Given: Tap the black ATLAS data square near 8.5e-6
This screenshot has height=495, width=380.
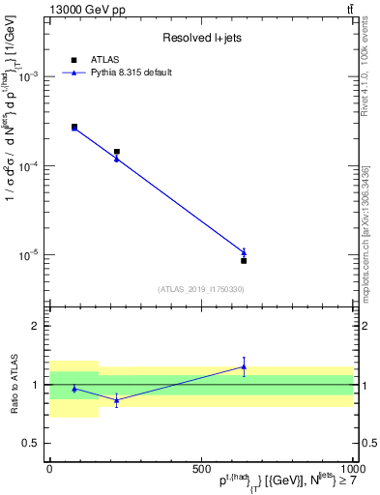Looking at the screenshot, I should (244, 261).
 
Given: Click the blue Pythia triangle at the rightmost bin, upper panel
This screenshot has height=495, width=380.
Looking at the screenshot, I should (244, 252).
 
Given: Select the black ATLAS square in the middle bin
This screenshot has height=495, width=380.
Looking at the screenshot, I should (117, 152).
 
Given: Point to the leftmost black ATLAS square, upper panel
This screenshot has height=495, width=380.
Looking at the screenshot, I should (74, 127).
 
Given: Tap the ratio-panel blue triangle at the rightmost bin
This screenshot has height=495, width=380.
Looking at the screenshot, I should (244, 366).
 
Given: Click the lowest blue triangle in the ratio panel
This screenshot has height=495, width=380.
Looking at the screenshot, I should (117, 399).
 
